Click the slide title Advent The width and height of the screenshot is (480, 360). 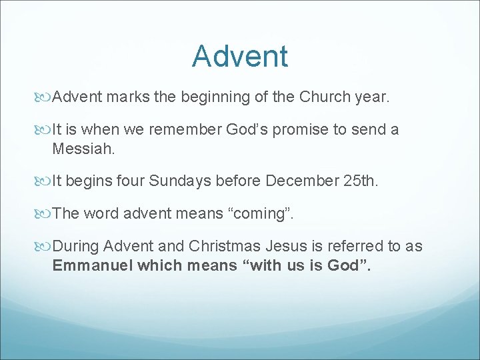click(240, 56)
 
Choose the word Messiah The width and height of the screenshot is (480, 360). click(84, 149)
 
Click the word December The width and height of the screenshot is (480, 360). click(299, 181)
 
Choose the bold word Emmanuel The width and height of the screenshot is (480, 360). click(93, 265)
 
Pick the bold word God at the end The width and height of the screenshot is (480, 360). click(345, 265)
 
